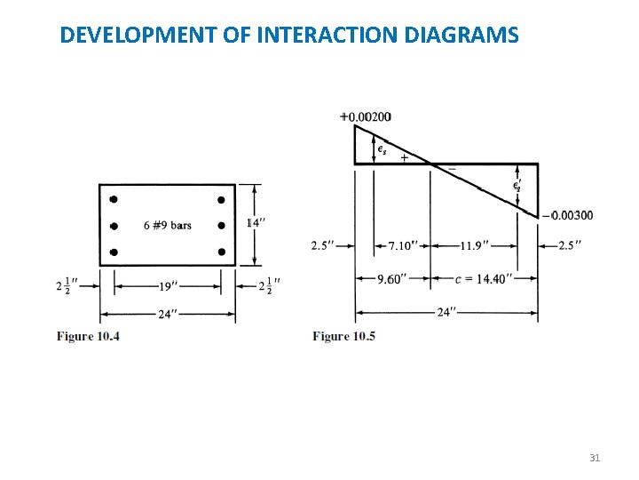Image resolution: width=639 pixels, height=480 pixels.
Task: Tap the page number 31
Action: [x=595, y=458]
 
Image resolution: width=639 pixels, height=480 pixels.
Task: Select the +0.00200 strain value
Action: [x=365, y=116]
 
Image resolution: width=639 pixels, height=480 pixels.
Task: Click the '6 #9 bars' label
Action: [x=167, y=225]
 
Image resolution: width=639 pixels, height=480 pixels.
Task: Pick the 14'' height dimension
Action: [x=256, y=222]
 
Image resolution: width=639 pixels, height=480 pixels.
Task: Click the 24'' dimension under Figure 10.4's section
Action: [x=168, y=313]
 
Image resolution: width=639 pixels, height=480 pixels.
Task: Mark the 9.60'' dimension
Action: [x=391, y=278]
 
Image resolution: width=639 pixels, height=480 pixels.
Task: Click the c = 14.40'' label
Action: [x=484, y=278]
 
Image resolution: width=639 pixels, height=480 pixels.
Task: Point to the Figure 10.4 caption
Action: [x=88, y=336]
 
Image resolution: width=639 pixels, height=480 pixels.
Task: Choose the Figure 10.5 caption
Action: [x=343, y=336]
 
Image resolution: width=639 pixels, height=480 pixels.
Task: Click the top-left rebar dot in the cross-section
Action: [x=114, y=198]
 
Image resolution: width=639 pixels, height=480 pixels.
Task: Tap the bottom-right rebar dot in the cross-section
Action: [x=221, y=252]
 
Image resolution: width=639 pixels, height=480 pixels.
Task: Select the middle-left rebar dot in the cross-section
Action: [x=114, y=226]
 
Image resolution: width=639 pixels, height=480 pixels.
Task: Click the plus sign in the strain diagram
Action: [x=405, y=157]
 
